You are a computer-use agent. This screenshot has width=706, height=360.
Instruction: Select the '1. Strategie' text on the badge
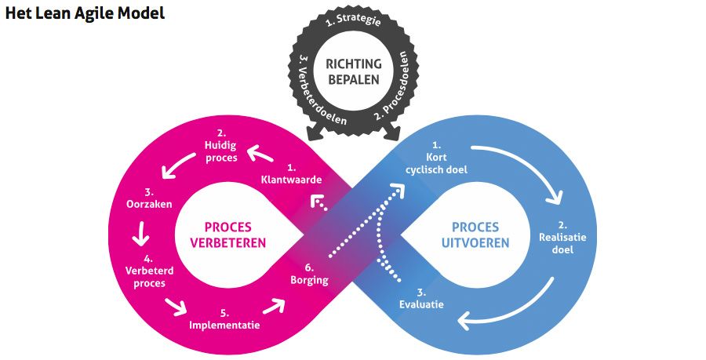click(x=353, y=22)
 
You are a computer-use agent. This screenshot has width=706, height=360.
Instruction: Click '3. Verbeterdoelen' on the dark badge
click(x=308, y=93)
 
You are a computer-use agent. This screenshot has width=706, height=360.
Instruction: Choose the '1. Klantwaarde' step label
click(x=291, y=173)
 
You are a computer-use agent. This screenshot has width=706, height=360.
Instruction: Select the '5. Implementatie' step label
click(x=224, y=318)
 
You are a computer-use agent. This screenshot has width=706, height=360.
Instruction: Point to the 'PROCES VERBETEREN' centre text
click(x=227, y=234)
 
